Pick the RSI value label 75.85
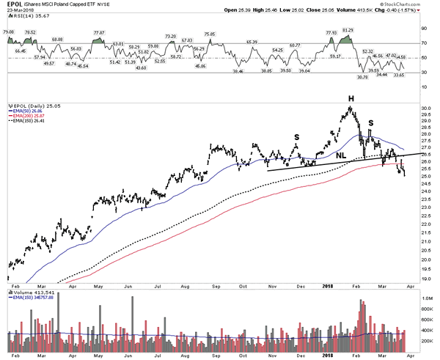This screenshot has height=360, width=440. pyautogui.click(x=210, y=34)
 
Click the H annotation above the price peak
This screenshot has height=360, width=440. pyautogui.click(x=351, y=98)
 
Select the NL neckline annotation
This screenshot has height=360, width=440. pyautogui.click(x=342, y=155)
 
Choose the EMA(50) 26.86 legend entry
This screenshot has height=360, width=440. pyautogui.click(x=29, y=113)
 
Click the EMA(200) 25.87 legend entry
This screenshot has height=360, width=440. pyautogui.click(x=30, y=118)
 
